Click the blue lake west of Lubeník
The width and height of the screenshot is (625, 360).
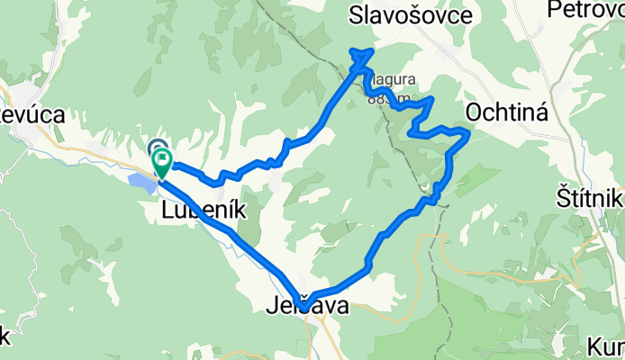coord(142,184)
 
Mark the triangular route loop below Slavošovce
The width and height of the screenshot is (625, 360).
coord(362,59)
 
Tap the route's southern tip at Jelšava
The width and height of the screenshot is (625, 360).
coord(305,308)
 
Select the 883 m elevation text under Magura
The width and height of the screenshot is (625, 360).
coord(385,99)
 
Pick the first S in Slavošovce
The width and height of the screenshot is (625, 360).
coord(355,15)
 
